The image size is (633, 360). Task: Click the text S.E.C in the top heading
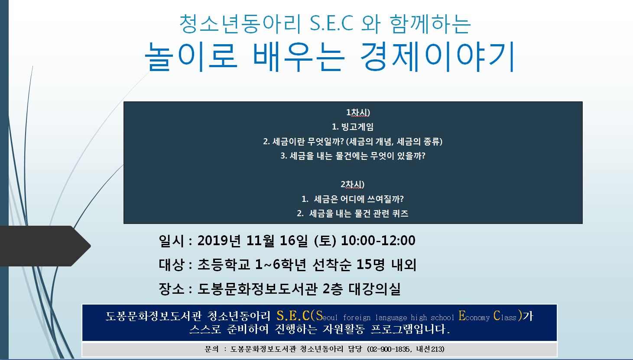click(331, 23)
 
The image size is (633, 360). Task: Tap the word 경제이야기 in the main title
click(438, 56)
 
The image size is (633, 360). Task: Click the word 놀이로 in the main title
click(191, 56)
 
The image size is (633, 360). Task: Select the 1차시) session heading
click(358, 113)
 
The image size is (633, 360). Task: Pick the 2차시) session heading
click(352, 184)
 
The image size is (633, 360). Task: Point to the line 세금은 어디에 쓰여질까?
click(359, 199)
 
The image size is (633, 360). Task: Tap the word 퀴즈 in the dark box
click(400, 213)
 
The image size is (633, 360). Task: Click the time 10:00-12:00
click(378, 240)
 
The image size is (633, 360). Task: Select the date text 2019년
click(219, 240)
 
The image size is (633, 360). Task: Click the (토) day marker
click(325, 241)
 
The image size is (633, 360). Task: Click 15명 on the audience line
click(370, 265)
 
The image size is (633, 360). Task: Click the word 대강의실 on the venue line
click(374, 289)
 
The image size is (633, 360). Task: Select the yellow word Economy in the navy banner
click(474, 316)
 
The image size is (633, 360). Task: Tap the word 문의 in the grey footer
click(212, 349)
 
